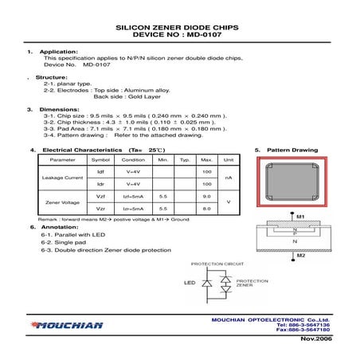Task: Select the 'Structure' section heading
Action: click(x=52, y=78)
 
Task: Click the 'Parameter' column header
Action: click(x=62, y=159)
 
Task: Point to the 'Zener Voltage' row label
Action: click(x=62, y=202)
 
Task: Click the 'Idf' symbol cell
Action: click(x=100, y=171)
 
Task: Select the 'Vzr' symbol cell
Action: click(x=100, y=209)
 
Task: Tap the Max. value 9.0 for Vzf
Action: click(x=206, y=196)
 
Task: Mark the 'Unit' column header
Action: click(x=229, y=159)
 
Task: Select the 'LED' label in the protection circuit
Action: click(x=190, y=283)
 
